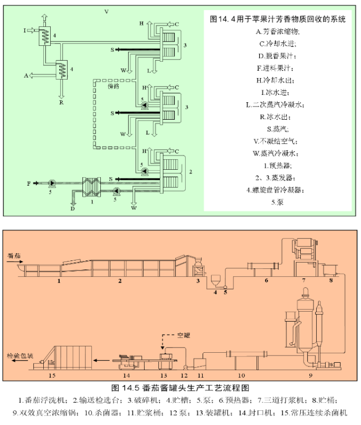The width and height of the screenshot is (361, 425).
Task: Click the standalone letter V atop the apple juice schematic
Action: click(x=107, y=11)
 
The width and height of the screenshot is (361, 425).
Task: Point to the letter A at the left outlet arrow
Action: click(x=25, y=76)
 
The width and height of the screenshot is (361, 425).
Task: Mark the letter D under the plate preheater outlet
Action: click(x=73, y=209)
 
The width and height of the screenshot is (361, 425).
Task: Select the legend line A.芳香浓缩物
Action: click(x=277, y=31)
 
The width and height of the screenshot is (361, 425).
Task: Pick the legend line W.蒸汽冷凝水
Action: click(x=277, y=153)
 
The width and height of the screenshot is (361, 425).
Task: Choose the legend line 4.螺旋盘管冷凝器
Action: click(x=277, y=190)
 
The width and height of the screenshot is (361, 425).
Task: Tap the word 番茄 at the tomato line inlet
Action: click(x=15, y=256)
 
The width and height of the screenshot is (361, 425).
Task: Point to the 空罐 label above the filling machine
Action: click(x=183, y=335)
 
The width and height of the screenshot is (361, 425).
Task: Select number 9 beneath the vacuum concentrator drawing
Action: click(x=310, y=375)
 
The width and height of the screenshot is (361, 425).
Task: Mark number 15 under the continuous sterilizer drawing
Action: click(x=52, y=375)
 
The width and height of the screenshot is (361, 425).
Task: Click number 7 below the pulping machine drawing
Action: click(x=304, y=280)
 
